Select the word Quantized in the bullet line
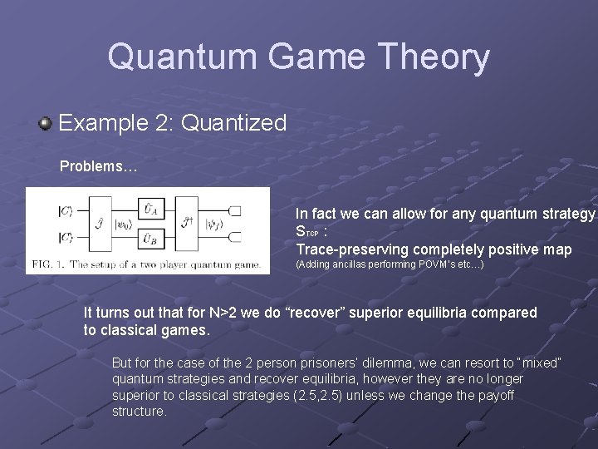pyautogui.click(x=233, y=124)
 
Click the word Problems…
pyautogui.click(x=98, y=166)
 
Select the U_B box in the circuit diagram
pyautogui.click(x=148, y=239)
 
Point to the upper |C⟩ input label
pyautogui.click(x=64, y=211)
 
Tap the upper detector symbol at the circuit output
pyautogui.click(x=235, y=211)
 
